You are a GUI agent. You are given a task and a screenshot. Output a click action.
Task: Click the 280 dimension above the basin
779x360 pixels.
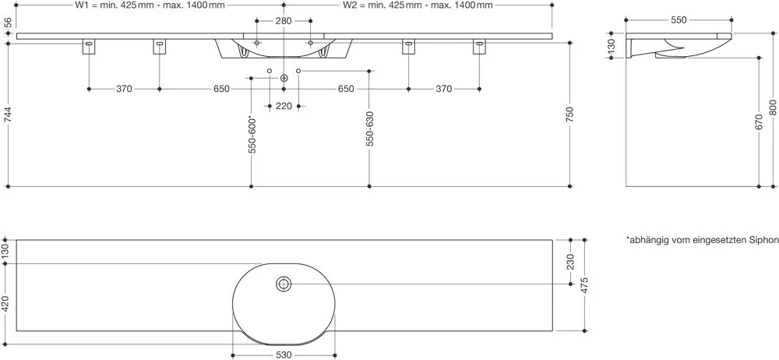point(284,21)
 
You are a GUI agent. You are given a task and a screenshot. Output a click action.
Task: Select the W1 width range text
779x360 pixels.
point(149,5)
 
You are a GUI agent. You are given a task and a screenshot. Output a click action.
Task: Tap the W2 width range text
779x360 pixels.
point(418,5)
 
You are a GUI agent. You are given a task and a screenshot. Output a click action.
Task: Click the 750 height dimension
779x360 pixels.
point(570,115)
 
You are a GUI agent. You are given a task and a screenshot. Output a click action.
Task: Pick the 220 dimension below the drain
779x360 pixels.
point(284,106)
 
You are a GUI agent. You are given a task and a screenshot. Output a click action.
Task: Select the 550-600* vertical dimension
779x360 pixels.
point(252,135)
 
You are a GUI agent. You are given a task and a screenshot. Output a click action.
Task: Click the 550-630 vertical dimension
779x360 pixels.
point(369,129)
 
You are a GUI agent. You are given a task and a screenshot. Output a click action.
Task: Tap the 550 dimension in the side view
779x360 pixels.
point(679,20)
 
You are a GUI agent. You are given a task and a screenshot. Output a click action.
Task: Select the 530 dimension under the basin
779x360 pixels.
point(284,355)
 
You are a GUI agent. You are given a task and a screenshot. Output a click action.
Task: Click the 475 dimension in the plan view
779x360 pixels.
point(585,285)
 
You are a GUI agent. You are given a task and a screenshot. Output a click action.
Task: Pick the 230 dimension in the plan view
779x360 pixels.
point(570,262)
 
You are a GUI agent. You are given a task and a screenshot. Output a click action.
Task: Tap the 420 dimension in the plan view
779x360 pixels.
point(5,304)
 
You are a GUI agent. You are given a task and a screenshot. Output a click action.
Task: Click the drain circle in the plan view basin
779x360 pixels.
point(284,284)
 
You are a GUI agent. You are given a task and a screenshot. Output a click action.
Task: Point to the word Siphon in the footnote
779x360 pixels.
point(765,241)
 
